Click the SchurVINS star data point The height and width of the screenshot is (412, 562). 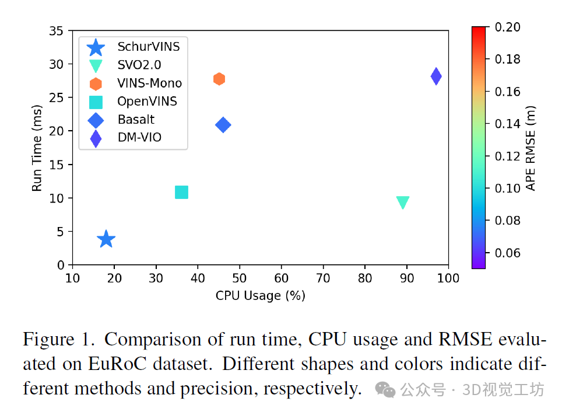pyautogui.click(x=106, y=239)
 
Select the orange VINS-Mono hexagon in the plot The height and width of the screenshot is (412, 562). pyautogui.click(x=219, y=79)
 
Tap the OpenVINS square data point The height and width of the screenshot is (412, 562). pyautogui.click(x=181, y=192)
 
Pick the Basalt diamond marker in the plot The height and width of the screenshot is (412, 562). pyautogui.click(x=223, y=124)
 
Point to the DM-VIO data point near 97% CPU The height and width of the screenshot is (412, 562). pyautogui.click(x=435, y=76)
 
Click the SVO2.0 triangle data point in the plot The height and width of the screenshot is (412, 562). pyautogui.click(x=402, y=202)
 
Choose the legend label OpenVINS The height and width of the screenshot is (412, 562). pyautogui.click(x=147, y=102)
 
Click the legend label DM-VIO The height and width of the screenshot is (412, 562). pyautogui.click(x=139, y=138)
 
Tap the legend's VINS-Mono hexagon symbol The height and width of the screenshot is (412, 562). pyautogui.click(x=95, y=83)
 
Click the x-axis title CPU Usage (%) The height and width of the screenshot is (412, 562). pyautogui.click(x=260, y=296)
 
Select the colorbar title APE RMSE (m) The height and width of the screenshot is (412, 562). pyautogui.click(x=531, y=148)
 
